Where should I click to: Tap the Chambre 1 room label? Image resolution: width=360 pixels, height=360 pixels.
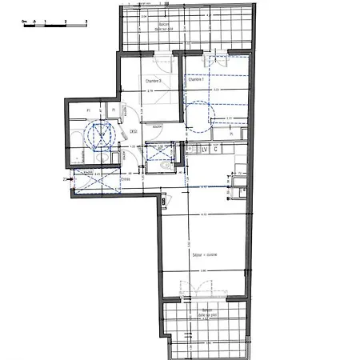click(195, 80)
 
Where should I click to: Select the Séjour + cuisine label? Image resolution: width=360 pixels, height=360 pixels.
click(203, 256)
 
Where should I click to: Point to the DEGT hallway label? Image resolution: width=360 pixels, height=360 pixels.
click(134, 133)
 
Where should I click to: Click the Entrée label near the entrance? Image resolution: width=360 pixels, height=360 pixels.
click(125, 180)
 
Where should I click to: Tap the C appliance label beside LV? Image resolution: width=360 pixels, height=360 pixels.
click(215, 150)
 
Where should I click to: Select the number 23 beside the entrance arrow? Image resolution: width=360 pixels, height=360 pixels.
click(66, 180)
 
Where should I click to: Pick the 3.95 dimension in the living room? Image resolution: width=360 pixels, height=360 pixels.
click(203, 271)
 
